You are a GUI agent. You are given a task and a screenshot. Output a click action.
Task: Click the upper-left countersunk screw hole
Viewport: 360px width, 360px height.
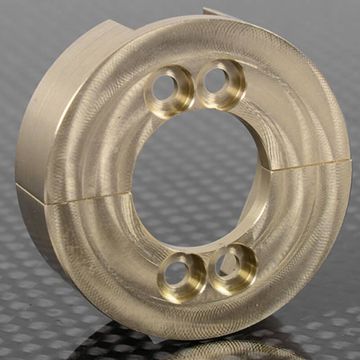(173, 89)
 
